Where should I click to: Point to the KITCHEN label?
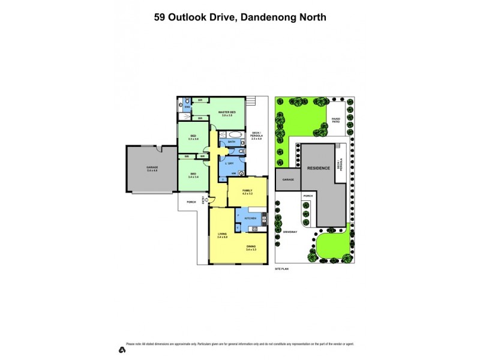[250, 218]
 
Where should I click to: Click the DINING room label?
[251, 247]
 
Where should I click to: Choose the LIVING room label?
[222, 236]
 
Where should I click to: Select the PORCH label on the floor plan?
[191, 202]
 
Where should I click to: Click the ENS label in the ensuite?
[187, 107]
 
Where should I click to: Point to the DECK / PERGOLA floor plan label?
[256, 134]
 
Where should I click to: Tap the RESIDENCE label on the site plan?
[319, 168]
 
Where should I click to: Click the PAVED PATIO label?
[336, 120]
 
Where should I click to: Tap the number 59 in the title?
[160, 17]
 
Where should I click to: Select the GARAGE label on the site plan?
[288, 179]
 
